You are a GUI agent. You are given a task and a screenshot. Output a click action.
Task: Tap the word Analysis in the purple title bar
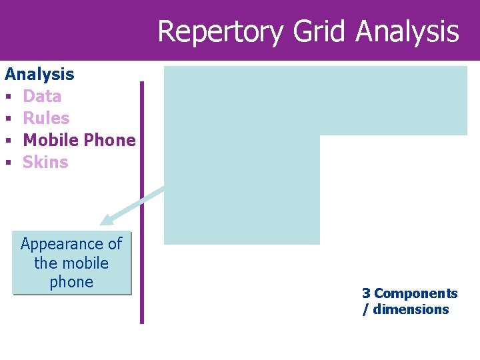point(407,32)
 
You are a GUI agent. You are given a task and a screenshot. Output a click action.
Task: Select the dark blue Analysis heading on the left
point(39,74)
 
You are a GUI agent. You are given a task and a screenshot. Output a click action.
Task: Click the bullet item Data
point(42,96)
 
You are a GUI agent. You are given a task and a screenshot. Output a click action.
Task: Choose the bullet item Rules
point(46,118)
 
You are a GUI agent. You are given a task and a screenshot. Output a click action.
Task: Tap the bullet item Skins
point(45,162)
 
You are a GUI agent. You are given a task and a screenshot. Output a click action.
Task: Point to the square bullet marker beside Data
point(8,97)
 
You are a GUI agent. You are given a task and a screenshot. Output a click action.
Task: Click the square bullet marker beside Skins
point(8,163)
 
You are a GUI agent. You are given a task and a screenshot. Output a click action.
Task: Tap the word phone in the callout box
point(71,282)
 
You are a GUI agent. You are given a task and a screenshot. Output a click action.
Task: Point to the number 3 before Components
point(366,293)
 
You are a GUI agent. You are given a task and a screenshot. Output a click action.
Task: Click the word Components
point(415,293)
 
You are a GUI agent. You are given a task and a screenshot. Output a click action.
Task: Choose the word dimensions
point(411,309)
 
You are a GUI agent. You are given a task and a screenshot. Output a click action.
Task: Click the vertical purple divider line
point(141,200)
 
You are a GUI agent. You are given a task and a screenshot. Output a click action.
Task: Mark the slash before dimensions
point(365,309)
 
